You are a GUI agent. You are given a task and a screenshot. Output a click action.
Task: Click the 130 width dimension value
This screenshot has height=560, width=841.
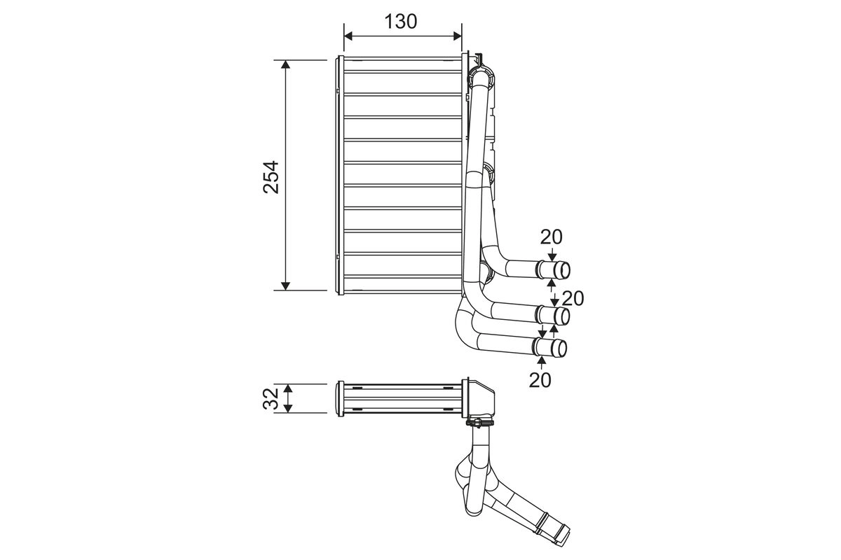coord(401,21)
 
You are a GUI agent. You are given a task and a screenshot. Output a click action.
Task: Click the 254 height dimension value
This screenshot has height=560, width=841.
coord(271,176)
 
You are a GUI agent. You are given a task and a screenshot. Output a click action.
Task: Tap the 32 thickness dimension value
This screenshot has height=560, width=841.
coord(271,398)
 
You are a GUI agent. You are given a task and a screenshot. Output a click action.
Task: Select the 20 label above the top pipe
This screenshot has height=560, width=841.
coord(551,237)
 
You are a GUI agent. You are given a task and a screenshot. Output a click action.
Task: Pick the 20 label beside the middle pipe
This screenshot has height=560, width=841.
coord(573,298)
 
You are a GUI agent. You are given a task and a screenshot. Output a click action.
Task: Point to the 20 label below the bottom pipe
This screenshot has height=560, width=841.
coord(540,380)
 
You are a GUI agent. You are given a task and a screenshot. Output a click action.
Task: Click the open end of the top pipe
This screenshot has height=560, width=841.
coord(563,270)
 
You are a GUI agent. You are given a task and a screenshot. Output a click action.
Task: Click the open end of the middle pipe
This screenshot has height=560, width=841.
coord(562,316)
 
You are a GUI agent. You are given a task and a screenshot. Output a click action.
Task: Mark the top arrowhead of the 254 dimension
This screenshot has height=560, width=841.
coord(285,65)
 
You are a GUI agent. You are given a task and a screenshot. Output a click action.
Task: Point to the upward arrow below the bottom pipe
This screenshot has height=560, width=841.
coord(541,361)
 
